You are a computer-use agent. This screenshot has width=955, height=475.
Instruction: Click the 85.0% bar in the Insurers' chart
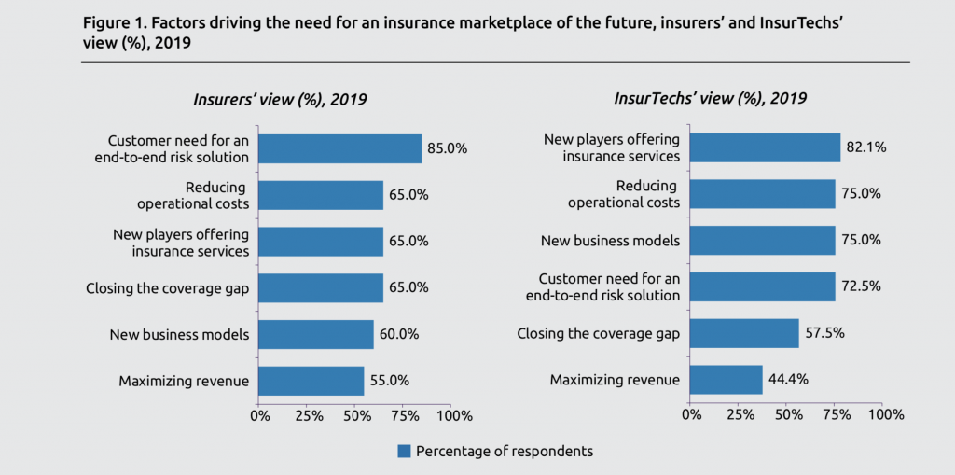(x=339, y=148)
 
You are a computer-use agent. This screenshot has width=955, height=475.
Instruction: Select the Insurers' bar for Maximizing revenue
(x=311, y=381)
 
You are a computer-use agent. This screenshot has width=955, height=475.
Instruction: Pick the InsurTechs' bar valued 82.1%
(x=765, y=147)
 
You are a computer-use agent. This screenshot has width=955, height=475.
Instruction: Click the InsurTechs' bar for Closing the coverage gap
(x=744, y=333)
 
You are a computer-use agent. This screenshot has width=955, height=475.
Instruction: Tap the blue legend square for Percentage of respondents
(x=405, y=451)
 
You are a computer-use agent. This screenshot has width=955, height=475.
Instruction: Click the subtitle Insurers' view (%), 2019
(x=281, y=99)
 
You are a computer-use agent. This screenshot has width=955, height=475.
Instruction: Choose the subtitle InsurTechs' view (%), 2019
(x=711, y=98)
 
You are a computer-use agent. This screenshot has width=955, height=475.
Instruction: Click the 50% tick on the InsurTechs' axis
(x=787, y=413)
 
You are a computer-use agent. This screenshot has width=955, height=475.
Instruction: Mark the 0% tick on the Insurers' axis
(x=258, y=413)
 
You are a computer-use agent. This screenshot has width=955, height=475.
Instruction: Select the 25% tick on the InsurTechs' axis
(x=739, y=413)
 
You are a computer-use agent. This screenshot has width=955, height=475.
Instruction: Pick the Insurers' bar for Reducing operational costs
(x=320, y=195)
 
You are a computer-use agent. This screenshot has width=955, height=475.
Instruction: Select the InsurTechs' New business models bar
(x=763, y=241)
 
